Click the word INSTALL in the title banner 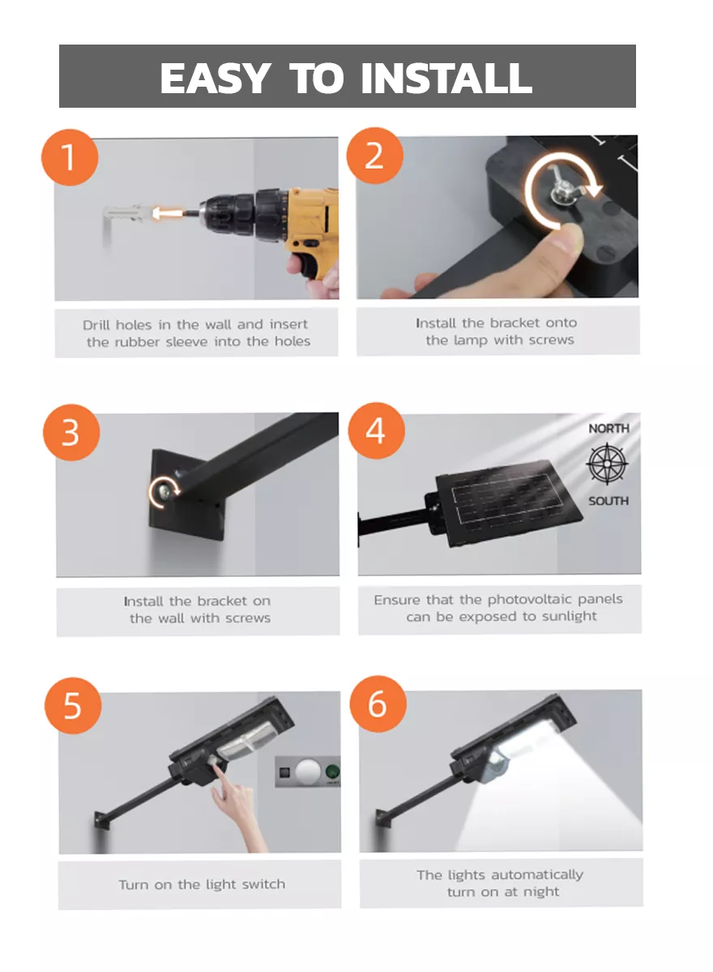click(446, 78)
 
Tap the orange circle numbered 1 click(70, 157)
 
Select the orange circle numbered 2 click(375, 156)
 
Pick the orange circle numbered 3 click(71, 433)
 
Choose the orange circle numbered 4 click(376, 431)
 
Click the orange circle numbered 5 click(73, 706)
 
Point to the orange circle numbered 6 click(378, 704)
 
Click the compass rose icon click(607, 464)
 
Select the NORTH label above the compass click(608, 428)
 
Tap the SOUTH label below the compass click(608, 501)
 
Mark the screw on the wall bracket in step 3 click(164, 491)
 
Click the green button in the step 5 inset click(333, 772)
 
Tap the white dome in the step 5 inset click(308, 771)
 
